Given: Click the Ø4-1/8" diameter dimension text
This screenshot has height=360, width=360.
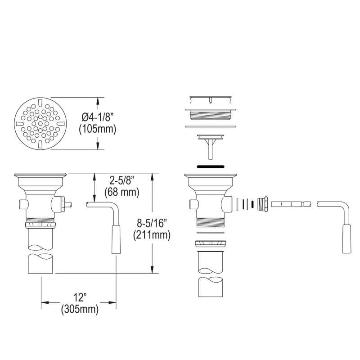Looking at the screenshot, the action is (98, 117).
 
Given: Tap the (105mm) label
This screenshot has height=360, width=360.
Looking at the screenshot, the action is (98, 129).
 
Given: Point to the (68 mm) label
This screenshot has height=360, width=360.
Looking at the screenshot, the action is (121, 192).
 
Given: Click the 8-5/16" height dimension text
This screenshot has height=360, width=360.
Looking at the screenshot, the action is (152, 223).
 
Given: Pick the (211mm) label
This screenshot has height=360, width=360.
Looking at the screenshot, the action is (152, 235).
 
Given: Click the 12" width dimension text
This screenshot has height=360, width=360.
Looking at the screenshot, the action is (80, 297).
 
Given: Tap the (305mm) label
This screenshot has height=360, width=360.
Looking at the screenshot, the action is (80, 309).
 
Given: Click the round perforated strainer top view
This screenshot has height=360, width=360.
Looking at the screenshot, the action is (40, 123).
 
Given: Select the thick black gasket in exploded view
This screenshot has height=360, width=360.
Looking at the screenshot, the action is (210, 166).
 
